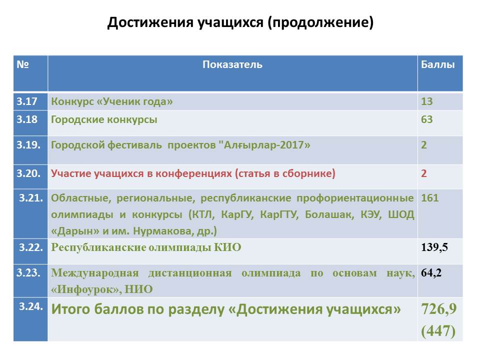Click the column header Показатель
[x=232, y=64]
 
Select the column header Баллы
[x=438, y=64]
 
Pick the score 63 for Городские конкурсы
[x=426, y=119]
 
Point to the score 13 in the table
[x=426, y=101]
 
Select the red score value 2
[x=424, y=173]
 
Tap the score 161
[x=430, y=198]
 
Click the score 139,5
[x=434, y=247]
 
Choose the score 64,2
[x=431, y=273]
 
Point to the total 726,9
[x=438, y=308]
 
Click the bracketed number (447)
[x=438, y=331]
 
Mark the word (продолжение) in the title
[x=320, y=22]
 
